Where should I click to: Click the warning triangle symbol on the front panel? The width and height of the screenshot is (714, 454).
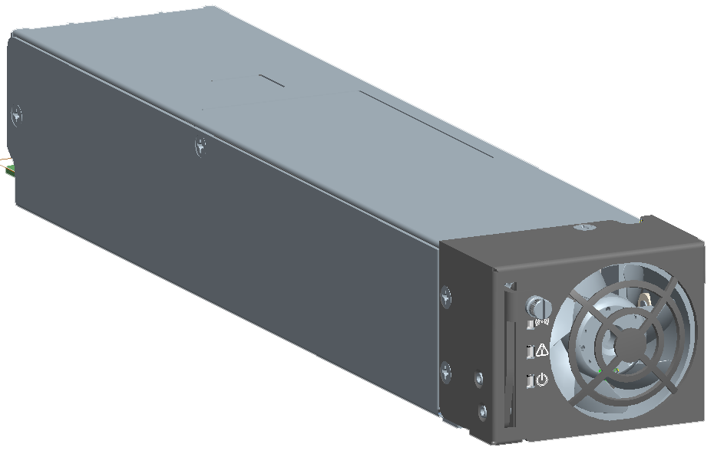point(543,350)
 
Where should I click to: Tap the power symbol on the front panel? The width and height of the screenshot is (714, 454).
point(542,379)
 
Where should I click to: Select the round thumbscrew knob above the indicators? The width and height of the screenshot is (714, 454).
point(537,308)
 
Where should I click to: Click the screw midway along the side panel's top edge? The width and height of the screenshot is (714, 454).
point(200,144)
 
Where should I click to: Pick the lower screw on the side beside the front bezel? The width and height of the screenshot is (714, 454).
point(446,373)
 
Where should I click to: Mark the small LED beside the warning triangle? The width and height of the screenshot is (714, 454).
point(529,353)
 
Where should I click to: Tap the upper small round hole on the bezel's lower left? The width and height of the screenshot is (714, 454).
point(480,379)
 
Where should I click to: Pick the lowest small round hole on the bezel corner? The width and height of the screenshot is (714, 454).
point(482,413)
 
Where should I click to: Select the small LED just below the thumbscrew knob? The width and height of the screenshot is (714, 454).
point(529,324)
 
